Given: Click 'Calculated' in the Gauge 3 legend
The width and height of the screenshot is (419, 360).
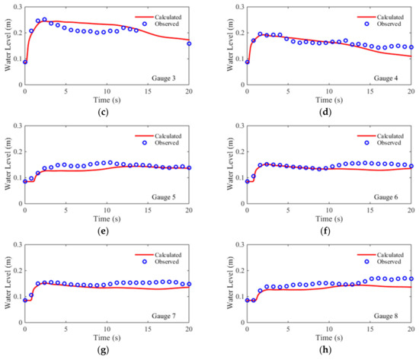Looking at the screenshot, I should coord(169,15).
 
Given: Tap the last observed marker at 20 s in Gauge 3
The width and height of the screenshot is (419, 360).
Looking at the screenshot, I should coord(189,43).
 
